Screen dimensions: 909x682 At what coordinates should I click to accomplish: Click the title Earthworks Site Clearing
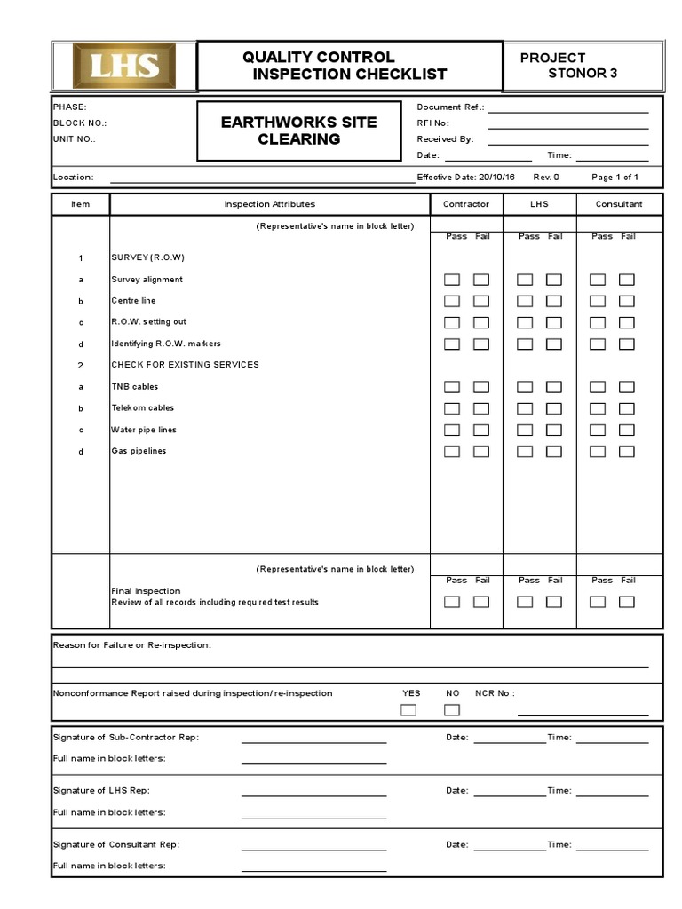[298, 130]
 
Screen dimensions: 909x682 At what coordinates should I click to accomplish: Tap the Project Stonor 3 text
[568, 66]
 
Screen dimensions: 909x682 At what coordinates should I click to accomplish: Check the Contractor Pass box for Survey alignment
[452, 280]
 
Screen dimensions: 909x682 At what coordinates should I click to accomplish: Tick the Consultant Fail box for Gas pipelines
[627, 451]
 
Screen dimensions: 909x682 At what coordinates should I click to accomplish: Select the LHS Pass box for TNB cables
[525, 387]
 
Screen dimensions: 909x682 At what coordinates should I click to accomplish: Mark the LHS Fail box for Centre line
[554, 301]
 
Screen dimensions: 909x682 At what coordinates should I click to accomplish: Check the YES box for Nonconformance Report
[408, 709]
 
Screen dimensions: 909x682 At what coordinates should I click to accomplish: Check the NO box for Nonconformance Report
[452, 709]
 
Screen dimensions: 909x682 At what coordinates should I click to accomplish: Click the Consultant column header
[619, 204]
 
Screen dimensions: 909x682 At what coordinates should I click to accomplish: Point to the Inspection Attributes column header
[269, 204]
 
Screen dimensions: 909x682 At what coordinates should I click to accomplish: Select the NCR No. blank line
[583, 713]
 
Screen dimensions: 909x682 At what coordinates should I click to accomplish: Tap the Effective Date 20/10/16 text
[467, 178]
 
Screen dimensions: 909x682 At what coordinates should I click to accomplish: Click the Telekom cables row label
[142, 408]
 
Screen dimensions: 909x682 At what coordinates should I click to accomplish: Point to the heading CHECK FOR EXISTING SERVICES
[184, 365]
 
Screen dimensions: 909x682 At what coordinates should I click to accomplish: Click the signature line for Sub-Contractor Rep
[313, 739]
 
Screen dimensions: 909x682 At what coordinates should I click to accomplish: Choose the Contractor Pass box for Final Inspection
[452, 602]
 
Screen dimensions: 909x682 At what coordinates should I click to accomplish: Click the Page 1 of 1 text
[615, 178]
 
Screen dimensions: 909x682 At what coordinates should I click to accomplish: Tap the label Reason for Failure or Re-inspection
[131, 644]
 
